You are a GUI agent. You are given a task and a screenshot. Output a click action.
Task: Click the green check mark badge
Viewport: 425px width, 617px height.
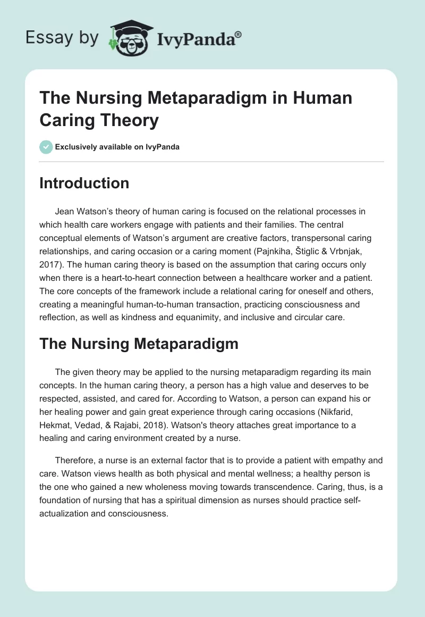point(46,147)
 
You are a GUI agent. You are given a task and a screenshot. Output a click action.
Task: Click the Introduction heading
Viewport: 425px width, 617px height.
point(84,184)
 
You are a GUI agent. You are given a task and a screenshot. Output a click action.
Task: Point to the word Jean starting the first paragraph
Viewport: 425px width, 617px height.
point(64,211)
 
